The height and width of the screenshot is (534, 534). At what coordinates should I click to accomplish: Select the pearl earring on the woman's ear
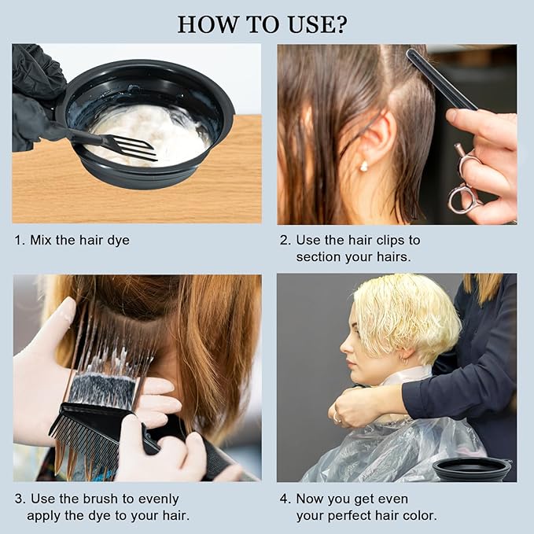(363, 166)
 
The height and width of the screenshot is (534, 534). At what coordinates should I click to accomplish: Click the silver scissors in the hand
(466, 181)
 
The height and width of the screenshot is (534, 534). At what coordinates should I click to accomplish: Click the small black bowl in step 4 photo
(471, 469)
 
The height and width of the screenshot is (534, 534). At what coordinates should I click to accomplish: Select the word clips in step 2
(389, 240)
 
